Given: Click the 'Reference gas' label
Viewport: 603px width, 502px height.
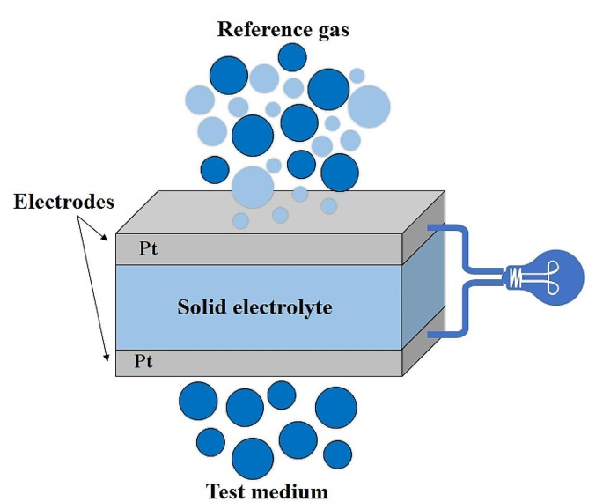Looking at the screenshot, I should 283,29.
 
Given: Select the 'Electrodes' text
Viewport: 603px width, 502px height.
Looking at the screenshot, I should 63,202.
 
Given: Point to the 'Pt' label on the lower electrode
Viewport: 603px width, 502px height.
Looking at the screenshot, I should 144,361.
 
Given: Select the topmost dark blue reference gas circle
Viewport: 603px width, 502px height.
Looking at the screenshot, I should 292,56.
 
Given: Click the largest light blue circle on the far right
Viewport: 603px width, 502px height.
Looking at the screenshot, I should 369,107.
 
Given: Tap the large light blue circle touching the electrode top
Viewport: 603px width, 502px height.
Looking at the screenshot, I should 253,187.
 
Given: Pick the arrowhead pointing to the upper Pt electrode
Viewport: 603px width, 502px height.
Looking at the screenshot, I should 108,237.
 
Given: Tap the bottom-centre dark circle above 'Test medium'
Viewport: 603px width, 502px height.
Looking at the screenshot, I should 253,457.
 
